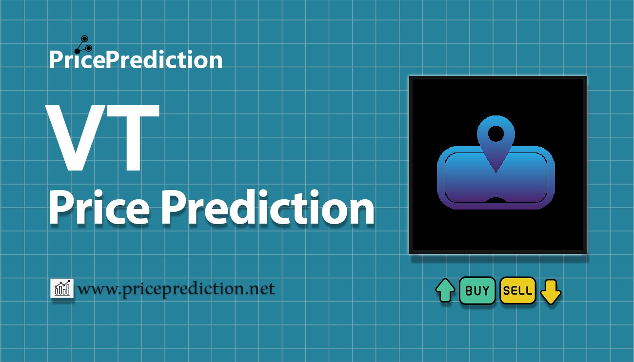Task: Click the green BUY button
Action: (477, 290)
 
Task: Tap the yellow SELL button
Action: (518, 290)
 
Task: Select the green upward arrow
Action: (445, 290)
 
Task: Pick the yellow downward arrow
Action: (551, 292)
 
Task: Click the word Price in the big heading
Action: (99, 208)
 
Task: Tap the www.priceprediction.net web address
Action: (176, 289)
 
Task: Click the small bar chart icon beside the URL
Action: (62, 288)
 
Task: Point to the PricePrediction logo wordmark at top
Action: (136, 59)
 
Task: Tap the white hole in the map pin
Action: (496, 134)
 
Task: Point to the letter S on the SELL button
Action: (507, 291)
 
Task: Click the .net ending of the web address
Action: (259, 289)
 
